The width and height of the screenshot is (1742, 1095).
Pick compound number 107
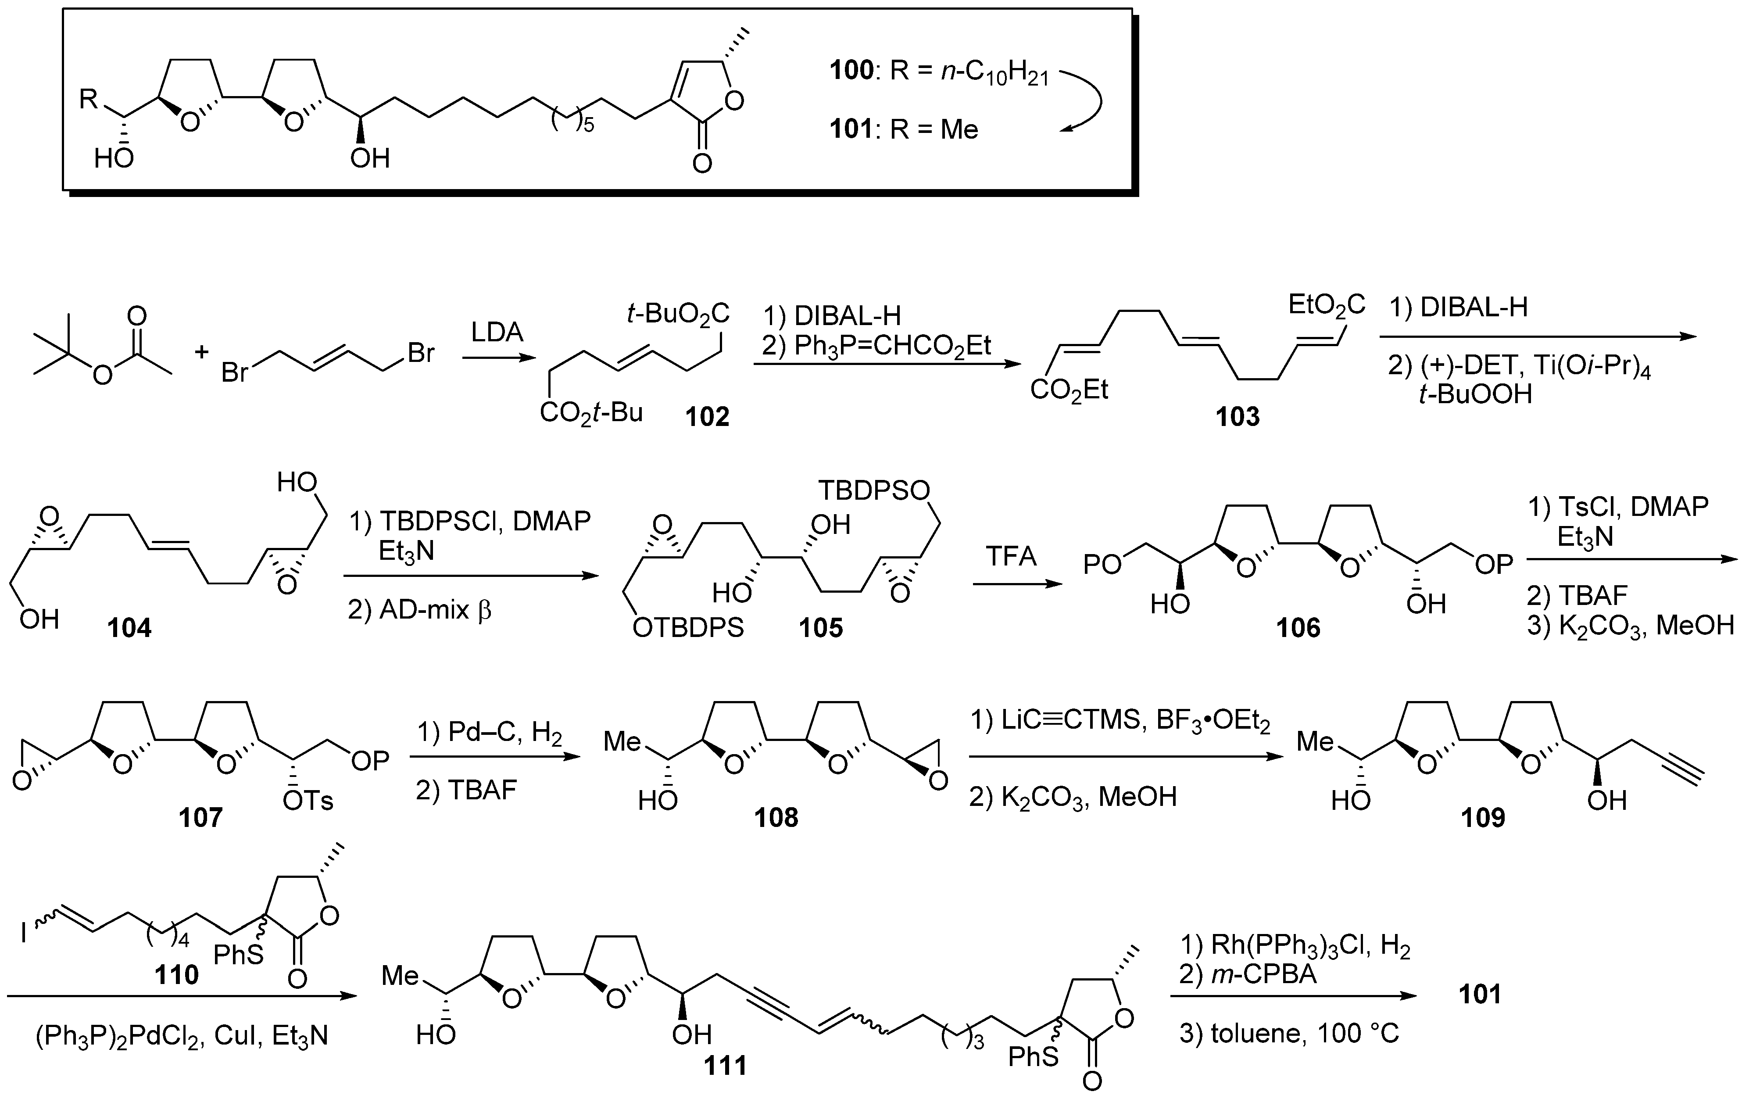pyautogui.click(x=200, y=817)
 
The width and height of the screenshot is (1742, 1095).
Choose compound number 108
pyautogui.click(x=776, y=817)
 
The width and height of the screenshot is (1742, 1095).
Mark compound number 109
pyautogui.click(x=1482, y=817)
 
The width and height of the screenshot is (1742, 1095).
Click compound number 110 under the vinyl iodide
pyautogui.click(x=176, y=975)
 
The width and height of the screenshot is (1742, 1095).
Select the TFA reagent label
pyautogui.click(x=1011, y=557)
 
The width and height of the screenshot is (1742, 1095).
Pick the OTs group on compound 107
pyautogui.click(x=308, y=801)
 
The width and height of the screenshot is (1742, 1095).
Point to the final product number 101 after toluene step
pyautogui.click(x=1479, y=995)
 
